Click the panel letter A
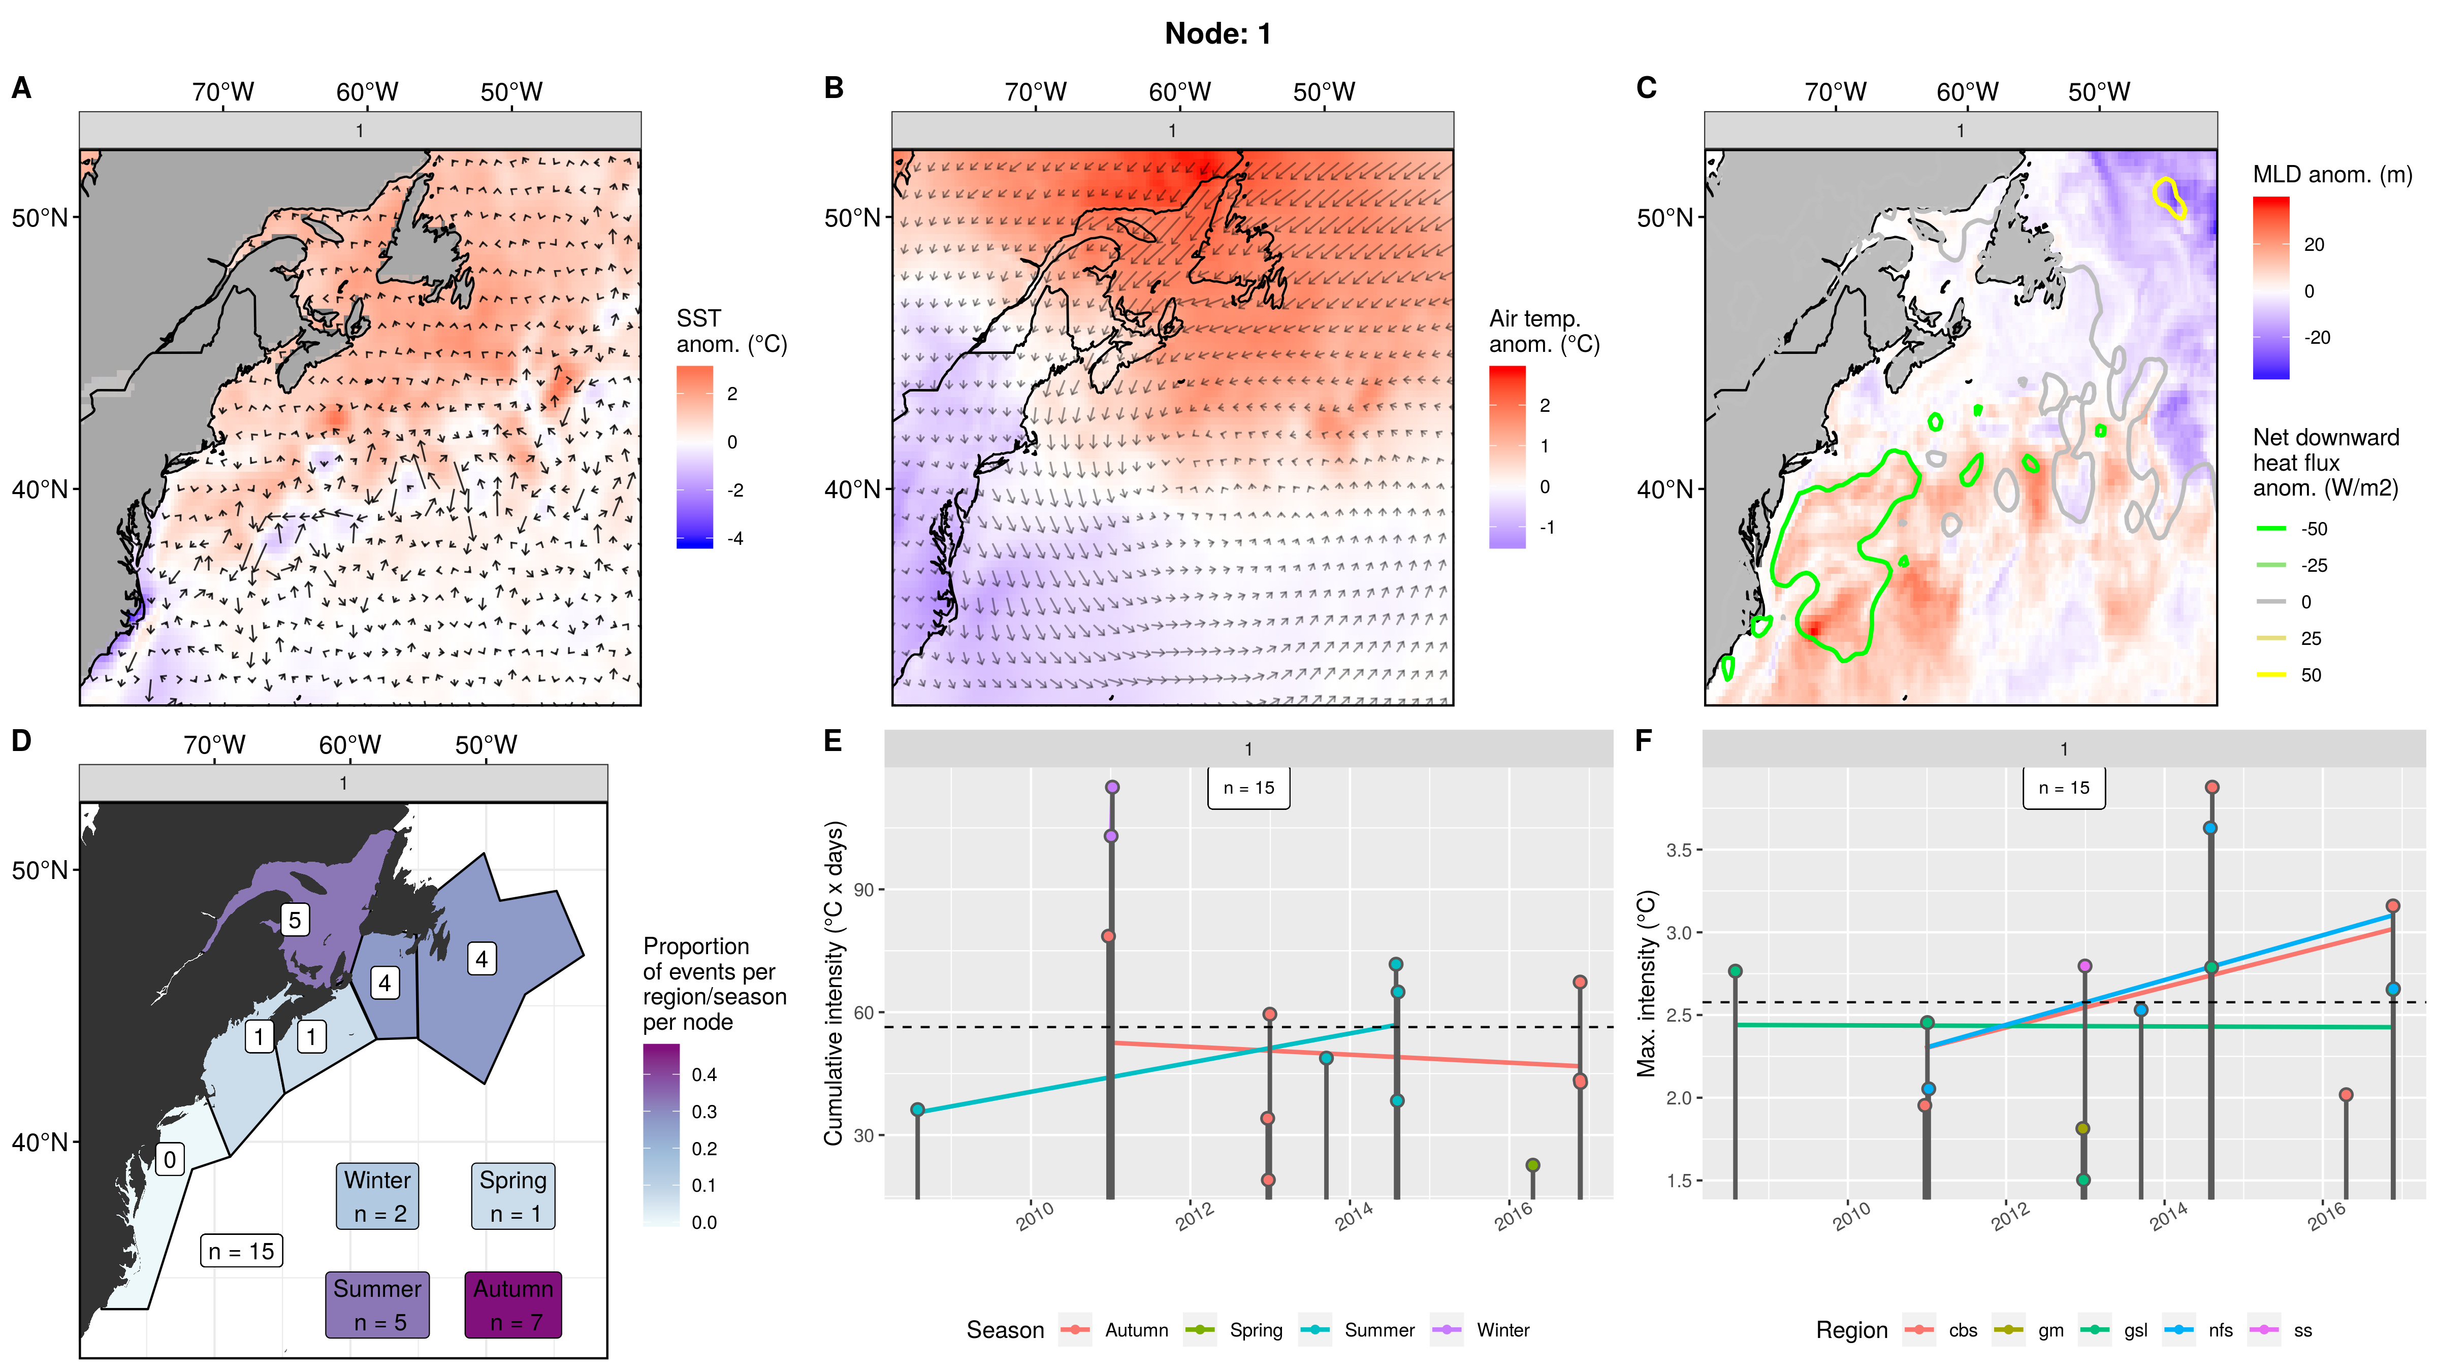(x=21, y=88)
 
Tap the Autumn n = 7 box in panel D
(x=513, y=1305)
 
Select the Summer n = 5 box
(x=377, y=1305)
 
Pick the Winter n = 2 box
(x=377, y=1196)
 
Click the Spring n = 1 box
(x=513, y=1196)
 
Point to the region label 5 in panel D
(x=295, y=920)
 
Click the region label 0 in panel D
(x=170, y=1159)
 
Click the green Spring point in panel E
(x=1532, y=1165)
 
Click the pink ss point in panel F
(x=2084, y=966)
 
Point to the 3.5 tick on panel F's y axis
(x=1678, y=850)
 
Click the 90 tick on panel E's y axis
(x=863, y=890)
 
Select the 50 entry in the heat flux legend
(x=2310, y=675)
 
